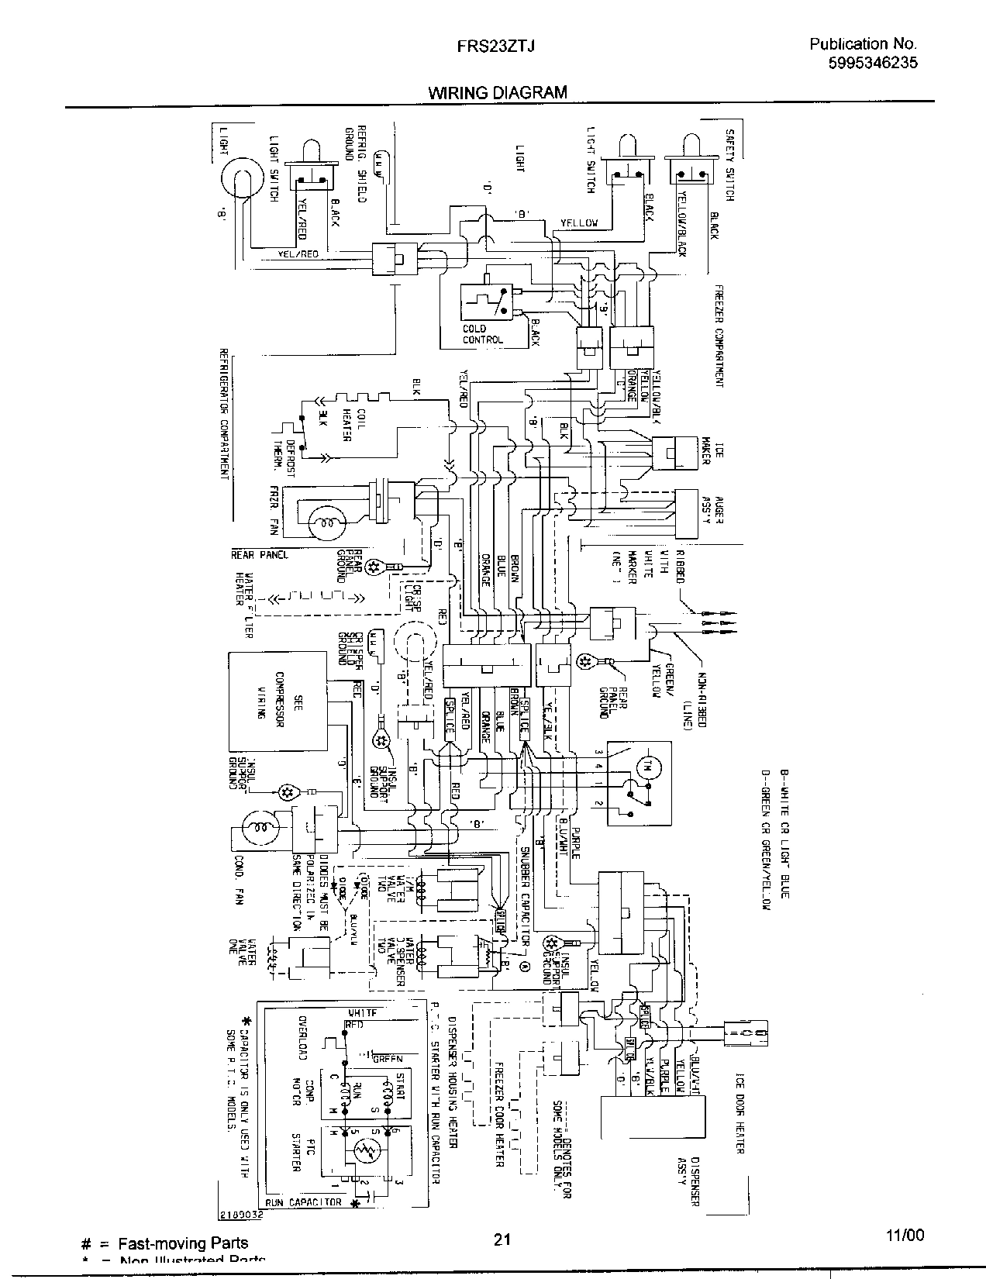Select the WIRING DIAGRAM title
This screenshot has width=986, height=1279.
pyautogui.click(x=498, y=92)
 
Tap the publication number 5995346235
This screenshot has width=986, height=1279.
pyautogui.click(x=872, y=64)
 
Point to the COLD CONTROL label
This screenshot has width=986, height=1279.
pyautogui.click(x=483, y=334)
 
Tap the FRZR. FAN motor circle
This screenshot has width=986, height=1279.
pyautogui.click(x=320, y=524)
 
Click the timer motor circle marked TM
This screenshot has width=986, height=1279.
pyautogui.click(x=645, y=767)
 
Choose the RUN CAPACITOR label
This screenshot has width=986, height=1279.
pyautogui.click(x=304, y=1202)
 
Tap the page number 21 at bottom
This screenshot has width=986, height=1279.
pyautogui.click(x=501, y=1239)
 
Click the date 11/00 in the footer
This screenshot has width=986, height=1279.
pyautogui.click(x=905, y=1236)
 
